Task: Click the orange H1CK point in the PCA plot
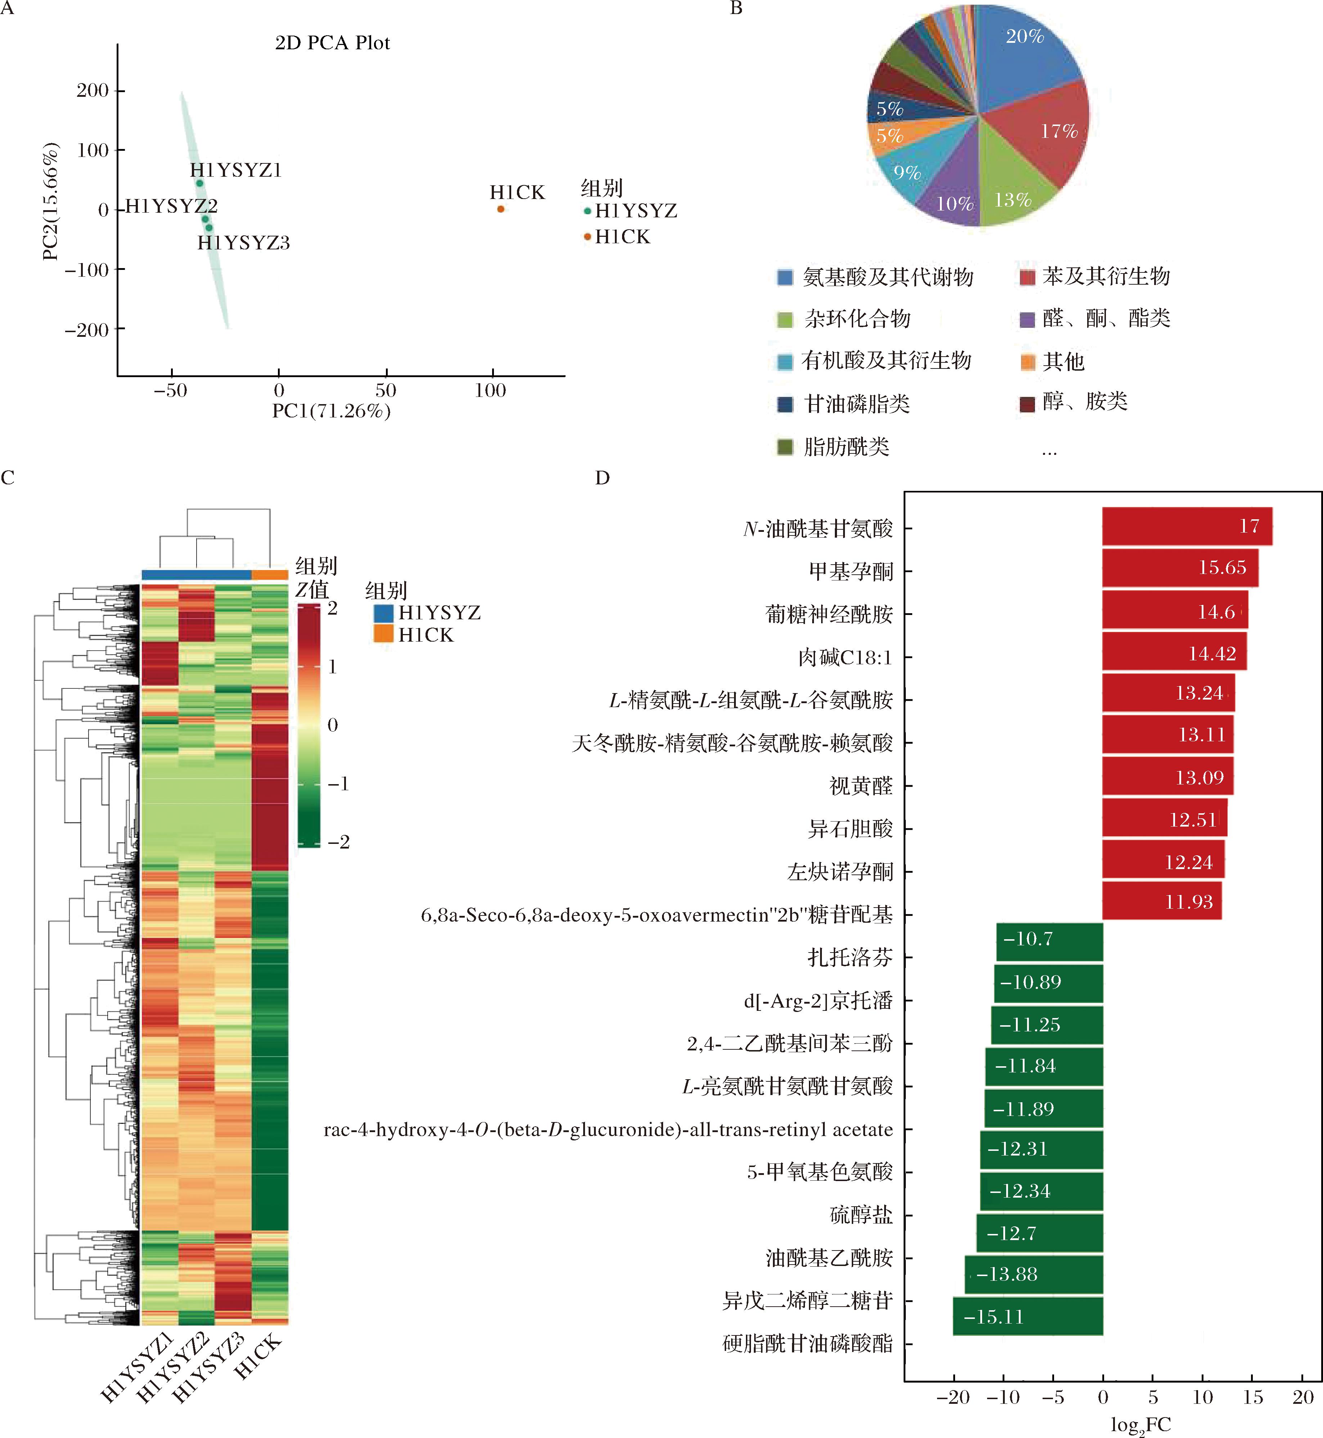[500, 209]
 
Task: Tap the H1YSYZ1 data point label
[235, 170]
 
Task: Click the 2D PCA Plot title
[332, 43]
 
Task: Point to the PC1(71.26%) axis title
[332, 411]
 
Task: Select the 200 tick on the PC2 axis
[93, 90]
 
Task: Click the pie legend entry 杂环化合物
[857, 318]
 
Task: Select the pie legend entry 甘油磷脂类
[857, 404]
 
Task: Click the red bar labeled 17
[1186, 526]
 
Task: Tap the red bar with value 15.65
[1180, 567]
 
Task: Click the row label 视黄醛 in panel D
[860, 786]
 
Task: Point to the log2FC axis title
[1140, 1424]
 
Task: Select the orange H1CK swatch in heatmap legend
[384, 634]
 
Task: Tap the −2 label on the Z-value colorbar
[339, 842]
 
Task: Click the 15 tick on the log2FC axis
[1253, 1397]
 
